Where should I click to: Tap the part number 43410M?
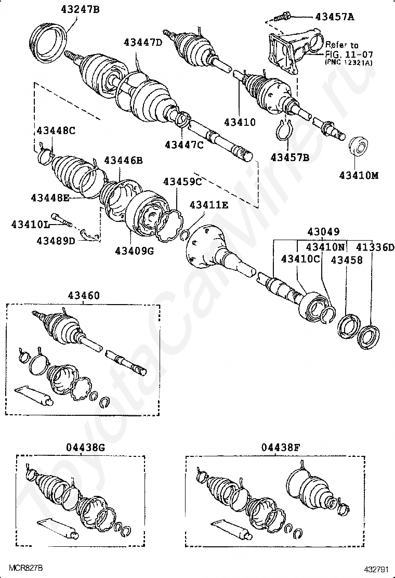359,175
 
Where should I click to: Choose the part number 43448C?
56,130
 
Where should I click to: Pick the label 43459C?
182,181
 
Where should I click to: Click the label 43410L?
31,224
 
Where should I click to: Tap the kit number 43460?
83,295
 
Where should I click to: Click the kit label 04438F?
281,447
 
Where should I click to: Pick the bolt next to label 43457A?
279,17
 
